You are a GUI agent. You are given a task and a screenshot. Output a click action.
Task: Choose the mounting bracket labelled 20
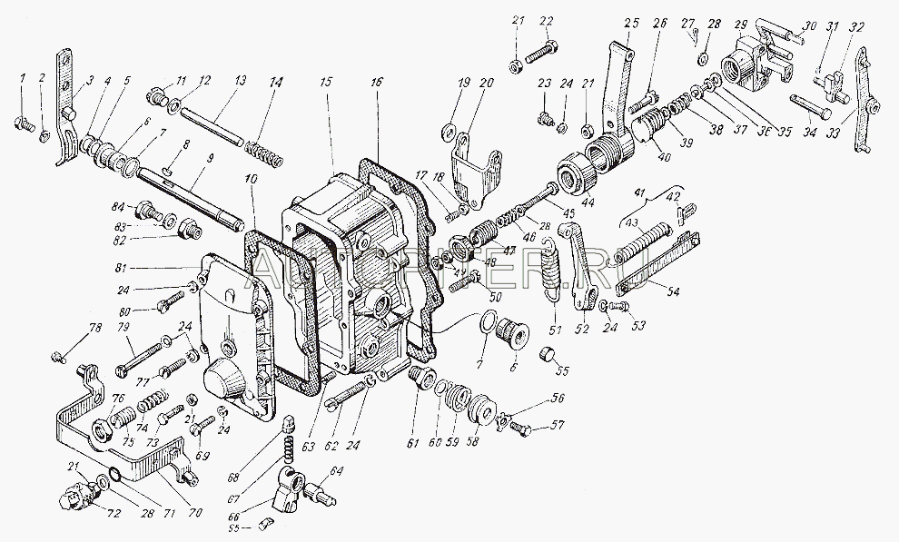[474, 166]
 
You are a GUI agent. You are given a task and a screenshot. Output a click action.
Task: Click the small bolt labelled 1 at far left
[24, 123]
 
